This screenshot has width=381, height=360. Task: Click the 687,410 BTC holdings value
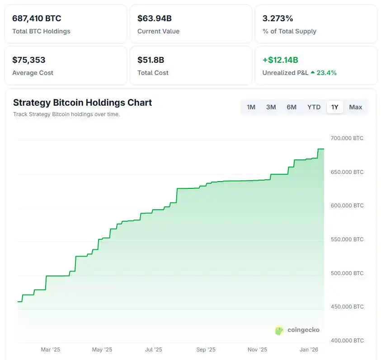(x=37, y=19)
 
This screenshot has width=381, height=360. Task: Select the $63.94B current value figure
(x=155, y=19)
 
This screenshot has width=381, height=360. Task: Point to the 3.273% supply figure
(x=278, y=19)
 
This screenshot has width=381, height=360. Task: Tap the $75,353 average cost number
(x=29, y=60)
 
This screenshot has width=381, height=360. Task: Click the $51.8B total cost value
(x=151, y=60)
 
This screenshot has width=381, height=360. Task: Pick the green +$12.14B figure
(x=280, y=60)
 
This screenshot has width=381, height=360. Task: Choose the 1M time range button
(x=251, y=107)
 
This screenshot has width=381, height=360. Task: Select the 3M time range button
(x=271, y=107)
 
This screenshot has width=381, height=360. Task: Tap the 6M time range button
(x=292, y=107)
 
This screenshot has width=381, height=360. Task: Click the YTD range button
(x=314, y=107)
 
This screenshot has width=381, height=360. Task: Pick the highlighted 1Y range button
(x=334, y=107)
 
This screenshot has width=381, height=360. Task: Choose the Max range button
(x=356, y=107)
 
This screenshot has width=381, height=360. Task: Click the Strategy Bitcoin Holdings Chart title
(x=82, y=103)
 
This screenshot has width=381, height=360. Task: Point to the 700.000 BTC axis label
(x=347, y=138)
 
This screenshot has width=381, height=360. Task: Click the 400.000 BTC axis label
(x=347, y=341)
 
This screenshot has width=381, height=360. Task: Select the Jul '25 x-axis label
(x=153, y=350)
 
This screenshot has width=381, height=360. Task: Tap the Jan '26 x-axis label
(x=310, y=350)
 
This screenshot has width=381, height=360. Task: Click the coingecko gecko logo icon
(x=279, y=330)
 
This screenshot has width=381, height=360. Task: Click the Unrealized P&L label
(x=285, y=73)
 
